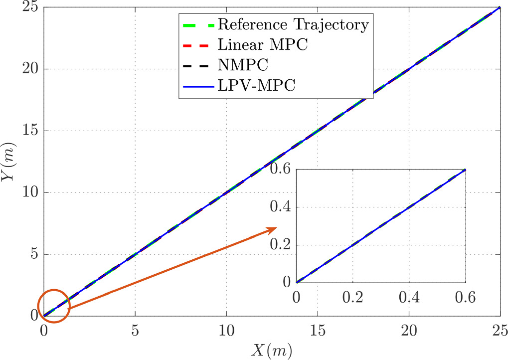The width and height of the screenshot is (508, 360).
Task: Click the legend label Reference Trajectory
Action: click(x=294, y=24)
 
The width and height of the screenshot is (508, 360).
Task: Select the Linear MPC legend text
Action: click(x=263, y=45)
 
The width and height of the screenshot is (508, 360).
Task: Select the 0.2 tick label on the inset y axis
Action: click(x=281, y=245)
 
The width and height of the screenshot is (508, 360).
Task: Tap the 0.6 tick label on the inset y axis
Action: click(x=281, y=170)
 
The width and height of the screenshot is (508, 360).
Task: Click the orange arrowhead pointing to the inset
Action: click(x=271, y=230)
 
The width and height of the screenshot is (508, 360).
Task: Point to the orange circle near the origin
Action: click(x=54, y=306)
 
